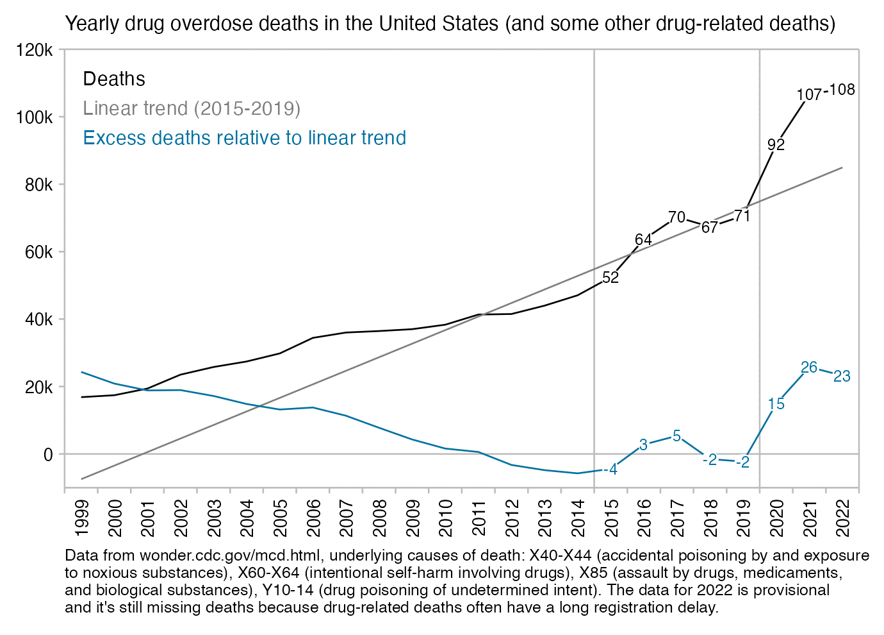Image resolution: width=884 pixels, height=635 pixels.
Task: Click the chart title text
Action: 450,24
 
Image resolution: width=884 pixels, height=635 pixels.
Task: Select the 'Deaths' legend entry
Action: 114,79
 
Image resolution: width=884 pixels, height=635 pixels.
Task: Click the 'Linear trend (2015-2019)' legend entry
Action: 192,108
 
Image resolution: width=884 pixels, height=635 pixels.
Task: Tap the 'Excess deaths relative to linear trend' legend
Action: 244,138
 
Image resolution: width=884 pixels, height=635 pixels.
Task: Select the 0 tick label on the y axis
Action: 47,454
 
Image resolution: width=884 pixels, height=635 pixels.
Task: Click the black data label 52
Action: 610,278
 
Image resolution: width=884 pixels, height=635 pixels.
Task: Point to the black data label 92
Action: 776,145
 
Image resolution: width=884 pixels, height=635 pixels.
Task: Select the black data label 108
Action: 842,90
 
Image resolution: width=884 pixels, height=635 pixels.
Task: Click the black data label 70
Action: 676,217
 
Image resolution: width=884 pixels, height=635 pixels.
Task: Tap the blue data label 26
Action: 809,368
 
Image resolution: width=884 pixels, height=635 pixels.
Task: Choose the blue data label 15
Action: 776,404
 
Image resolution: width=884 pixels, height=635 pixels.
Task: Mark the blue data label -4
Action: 611,470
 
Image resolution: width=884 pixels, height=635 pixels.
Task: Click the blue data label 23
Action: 842,377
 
